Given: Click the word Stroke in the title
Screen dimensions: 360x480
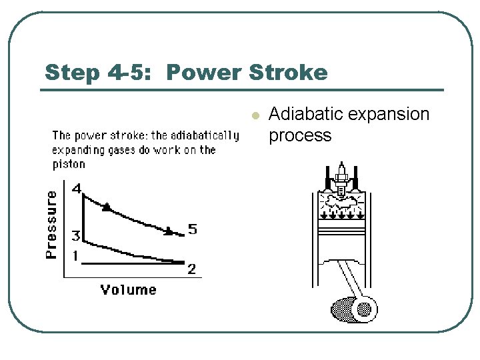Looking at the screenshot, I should click(x=291, y=72).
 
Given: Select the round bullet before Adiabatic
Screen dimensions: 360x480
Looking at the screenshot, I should click(x=253, y=116).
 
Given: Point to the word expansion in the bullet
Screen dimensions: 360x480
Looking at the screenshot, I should click(x=393, y=115).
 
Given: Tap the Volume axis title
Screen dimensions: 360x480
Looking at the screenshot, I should click(x=128, y=289).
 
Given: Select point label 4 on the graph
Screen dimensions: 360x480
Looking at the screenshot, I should click(x=77, y=189).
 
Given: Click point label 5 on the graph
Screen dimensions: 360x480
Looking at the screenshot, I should click(x=192, y=229).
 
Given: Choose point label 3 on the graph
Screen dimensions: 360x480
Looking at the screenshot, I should click(x=76, y=236).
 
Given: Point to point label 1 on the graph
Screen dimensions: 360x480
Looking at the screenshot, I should click(x=75, y=256).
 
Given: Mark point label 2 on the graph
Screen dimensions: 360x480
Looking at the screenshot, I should click(x=191, y=269).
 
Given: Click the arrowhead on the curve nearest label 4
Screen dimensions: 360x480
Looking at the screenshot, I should click(x=106, y=208).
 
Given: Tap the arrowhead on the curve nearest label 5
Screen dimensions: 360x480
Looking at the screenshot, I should click(x=169, y=231).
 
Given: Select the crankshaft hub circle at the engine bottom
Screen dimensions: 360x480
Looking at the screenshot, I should click(x=364, y=309).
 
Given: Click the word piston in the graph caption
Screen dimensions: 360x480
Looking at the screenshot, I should click(x=69, y=164).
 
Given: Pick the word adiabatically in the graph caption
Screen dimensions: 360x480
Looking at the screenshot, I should click(x=205, y=135).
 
